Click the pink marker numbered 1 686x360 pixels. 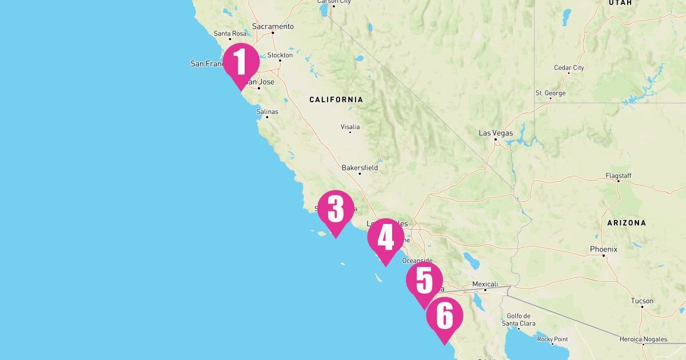click(x=241, y=62)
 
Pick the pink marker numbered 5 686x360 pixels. click(x=424, y=281)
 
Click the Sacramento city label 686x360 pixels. click(x=273, y=26)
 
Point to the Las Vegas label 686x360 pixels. click(x=496, y=133)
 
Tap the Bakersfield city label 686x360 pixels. click(x=360, y=168)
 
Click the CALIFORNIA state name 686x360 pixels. click(x=336, y=99)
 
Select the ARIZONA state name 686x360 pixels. click(x=627, y=223)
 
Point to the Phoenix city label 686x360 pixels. click(x=604, y=249)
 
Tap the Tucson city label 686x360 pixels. click(x=642, y=301)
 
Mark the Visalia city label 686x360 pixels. click(x=350, y=127)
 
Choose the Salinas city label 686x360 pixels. click(x=267, y=111)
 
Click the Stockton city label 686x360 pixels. click(x=280, y=55)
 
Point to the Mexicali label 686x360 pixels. click(x=485, y=284)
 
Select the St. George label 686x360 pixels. click(x=551, y=93)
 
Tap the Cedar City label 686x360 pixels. click(x=569, y=67)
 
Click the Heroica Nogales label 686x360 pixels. click(x=643, y=339)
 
